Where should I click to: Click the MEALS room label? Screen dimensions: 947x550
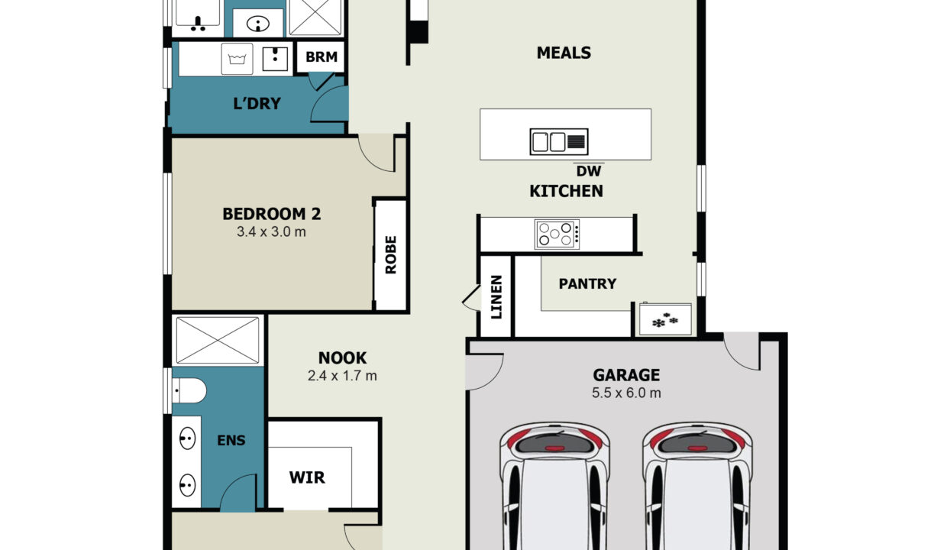pos(564,53)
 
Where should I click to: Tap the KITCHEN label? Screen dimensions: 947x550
pos(566,191)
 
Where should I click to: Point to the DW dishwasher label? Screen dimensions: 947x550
pos(589,171)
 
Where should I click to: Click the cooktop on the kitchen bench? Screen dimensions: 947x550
pos(557,235)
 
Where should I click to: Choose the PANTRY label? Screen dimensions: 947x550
pos(587,283)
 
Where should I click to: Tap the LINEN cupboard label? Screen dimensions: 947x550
pos(496,297)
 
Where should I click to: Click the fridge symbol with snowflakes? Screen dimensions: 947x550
pos(665,319)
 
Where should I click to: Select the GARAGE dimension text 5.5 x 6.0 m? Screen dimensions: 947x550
pos(626,393)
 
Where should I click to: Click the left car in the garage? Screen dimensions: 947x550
pos(554,486)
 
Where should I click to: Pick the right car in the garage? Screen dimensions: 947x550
pos(697,486)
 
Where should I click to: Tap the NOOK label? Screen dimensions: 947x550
pos(342,358)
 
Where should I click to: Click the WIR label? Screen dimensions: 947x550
pos(307,477)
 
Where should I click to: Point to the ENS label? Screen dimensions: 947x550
pos(231,441)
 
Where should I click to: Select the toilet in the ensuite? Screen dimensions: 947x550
pos(189,390)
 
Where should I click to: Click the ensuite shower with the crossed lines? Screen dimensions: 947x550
pos(218,341)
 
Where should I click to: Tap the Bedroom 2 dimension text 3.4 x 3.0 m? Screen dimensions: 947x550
pos(271,231)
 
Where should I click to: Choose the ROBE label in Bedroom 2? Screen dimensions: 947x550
pos(391,255)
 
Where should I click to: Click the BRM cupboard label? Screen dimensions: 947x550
pos(322,57)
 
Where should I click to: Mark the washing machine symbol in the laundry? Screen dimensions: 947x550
pos(238,59)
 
